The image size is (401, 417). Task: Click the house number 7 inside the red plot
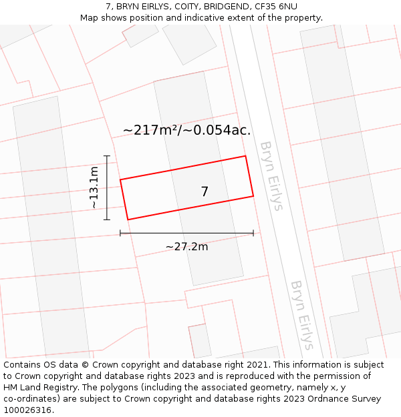click(x=205, y=191)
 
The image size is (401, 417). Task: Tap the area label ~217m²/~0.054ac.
click(x=187, y=130)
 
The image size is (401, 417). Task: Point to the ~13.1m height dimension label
click(x=94, y=187)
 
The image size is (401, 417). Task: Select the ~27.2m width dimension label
click(x=186, y=247)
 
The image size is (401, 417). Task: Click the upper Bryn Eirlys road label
click(x=271, y=175)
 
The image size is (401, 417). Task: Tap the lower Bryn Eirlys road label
click(x=301, y=314)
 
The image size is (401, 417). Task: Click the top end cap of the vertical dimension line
click(x=107, y=155)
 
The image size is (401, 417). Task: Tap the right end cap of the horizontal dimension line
click(x=253, y=233)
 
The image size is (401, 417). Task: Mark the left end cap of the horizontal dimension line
click(x=120, y=233)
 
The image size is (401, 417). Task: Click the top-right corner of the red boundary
click(x=245, y=156)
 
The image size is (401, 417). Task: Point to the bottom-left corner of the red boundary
click(x=128, y=220)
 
